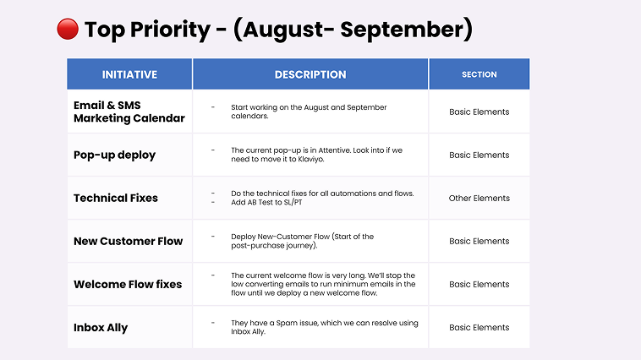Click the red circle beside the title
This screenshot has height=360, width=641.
68,29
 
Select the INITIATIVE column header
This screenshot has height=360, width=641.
129,74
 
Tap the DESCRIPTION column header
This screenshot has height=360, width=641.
310,74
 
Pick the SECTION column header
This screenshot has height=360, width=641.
479,74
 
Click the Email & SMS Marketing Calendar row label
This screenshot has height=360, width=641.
129,112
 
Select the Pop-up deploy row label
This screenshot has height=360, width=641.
114,155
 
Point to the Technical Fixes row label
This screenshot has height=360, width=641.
116,199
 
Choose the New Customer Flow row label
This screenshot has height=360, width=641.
128,241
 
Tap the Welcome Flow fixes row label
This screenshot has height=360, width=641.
128,285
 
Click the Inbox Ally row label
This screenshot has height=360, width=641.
101,328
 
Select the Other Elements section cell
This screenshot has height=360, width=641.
479,199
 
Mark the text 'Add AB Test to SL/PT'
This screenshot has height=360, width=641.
266,202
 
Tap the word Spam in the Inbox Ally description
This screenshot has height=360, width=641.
288,323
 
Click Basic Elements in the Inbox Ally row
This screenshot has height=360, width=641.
479,327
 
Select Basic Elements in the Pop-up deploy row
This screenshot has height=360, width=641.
479,155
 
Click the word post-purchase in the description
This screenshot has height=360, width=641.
257,246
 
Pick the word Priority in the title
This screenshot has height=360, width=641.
170,30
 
